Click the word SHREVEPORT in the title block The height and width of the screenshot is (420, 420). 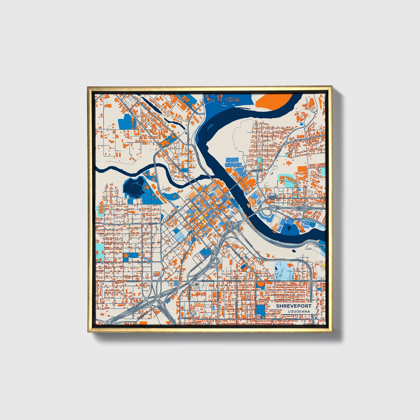[294, 306]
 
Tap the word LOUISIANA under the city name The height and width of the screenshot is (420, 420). [299, 311]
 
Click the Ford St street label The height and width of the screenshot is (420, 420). [153, 223]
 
